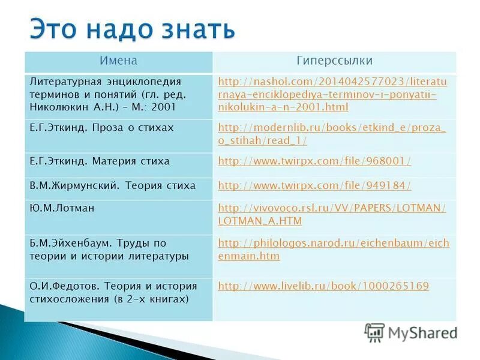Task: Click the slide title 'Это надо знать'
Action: coord(132,29)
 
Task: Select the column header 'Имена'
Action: coord(118,61)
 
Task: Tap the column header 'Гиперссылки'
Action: coord(334,61)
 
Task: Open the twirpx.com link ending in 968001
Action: coord(314,161)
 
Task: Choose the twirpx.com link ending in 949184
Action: coord(314,186)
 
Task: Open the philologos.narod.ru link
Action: coord(333,249)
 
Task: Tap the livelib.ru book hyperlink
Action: coord(323,286)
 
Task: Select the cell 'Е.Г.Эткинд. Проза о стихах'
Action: coord(101,128)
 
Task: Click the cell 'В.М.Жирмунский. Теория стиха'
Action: coord(112,186)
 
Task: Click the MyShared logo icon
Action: coord(374,332)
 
